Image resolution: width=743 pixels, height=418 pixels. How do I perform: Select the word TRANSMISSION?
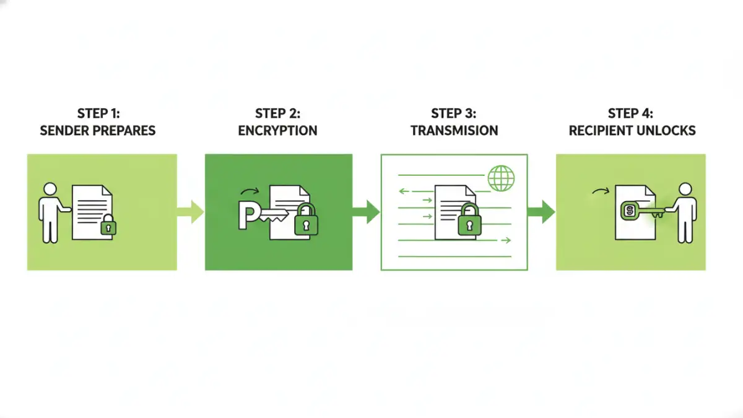pyautogui.click(x=454, y=131)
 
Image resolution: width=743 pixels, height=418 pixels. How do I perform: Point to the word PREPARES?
pyautogui.click(x=126, y=131)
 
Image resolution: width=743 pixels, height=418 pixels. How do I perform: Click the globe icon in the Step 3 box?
pyautogui.click(x=501, y=178)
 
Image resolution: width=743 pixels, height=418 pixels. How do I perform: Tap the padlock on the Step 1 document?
pyautogui.click(x=109, y=225)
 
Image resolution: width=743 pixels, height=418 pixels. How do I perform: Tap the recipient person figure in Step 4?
pyautogui.click(x=684, y=212)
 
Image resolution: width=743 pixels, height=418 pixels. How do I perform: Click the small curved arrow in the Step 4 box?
pyautogui.click(x=600, y=191)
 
